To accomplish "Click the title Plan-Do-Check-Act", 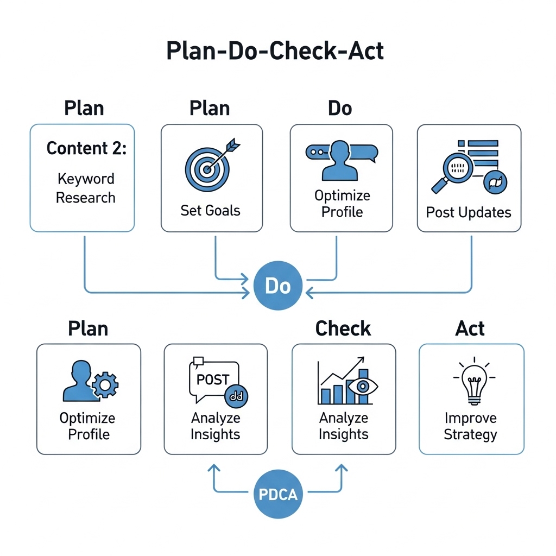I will (x=275, y=51).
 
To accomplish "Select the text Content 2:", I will (x=86, y=148).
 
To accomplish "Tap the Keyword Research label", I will (x=86, y=188).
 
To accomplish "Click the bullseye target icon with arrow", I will (x=210, y=164).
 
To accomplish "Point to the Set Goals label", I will (x=211, y=210).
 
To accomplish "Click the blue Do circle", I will (x=277, y=286).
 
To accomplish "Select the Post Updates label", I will (x=469, y=212).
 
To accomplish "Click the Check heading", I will (x=343, y=328).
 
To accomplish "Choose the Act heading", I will (x=470, y=328).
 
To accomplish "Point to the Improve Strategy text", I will (x=470, y=426).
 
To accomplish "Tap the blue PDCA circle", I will (x=277, y=495).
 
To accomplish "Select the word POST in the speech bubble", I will (x=213, y=380).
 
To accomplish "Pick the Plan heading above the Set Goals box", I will (x=210, y=108).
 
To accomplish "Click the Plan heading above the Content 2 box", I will (x=84, y=108).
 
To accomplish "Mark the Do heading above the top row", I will (x=340, y=108).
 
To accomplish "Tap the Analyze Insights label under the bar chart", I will (x=343, y=426).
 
